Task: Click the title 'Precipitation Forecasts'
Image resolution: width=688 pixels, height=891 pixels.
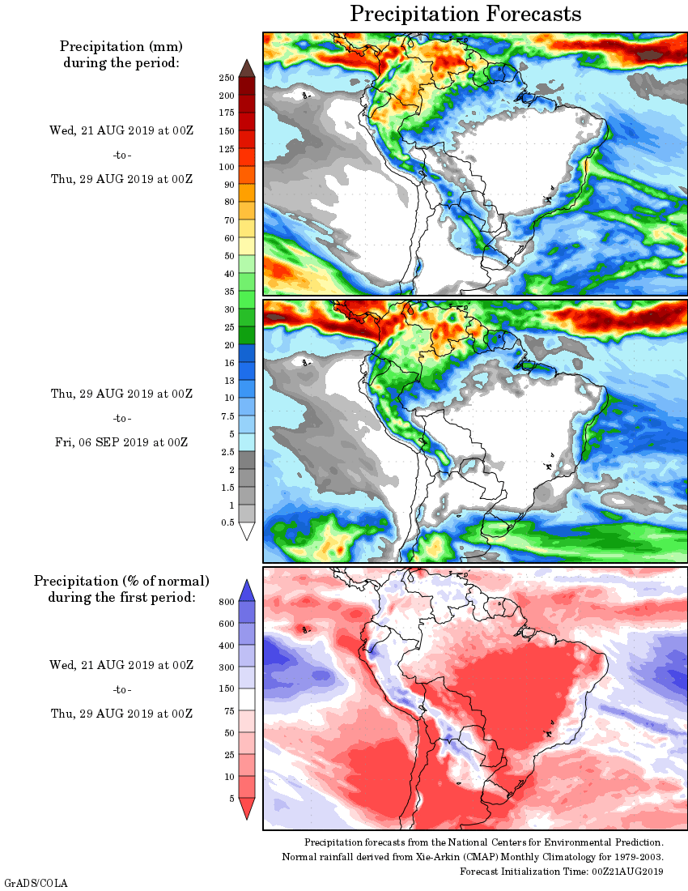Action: [x=465, y=14]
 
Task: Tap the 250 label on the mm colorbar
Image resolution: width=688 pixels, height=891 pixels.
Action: [x=227, y=78]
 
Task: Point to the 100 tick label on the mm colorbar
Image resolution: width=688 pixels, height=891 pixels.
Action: [x=227, y=167]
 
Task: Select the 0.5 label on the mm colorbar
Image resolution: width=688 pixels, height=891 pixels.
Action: [x=227, y=523]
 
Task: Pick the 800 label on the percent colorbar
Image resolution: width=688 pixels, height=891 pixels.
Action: [x=227, y=602]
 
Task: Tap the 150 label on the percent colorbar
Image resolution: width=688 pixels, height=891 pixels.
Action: [x=227, y=689]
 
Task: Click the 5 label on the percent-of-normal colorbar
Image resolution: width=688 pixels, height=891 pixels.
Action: [x=231, y=799]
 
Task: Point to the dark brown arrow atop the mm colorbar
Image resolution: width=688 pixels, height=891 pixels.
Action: [x=247, y=68]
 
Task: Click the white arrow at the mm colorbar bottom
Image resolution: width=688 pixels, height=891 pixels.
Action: [x=247, y=531]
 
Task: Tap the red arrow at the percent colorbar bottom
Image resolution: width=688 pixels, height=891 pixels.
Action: [x=247, y=808]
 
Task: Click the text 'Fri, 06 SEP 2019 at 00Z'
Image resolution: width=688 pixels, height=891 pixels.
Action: [x=120, y=442]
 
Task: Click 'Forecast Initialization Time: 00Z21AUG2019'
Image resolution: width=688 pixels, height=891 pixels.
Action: [x=562, y=872]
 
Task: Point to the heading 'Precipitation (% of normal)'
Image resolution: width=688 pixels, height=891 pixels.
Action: [x=121, y=582]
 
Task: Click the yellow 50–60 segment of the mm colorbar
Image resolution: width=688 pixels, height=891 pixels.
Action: [x=247, y=246]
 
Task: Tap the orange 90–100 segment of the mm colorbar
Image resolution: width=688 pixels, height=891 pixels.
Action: [x=247, y=175]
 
